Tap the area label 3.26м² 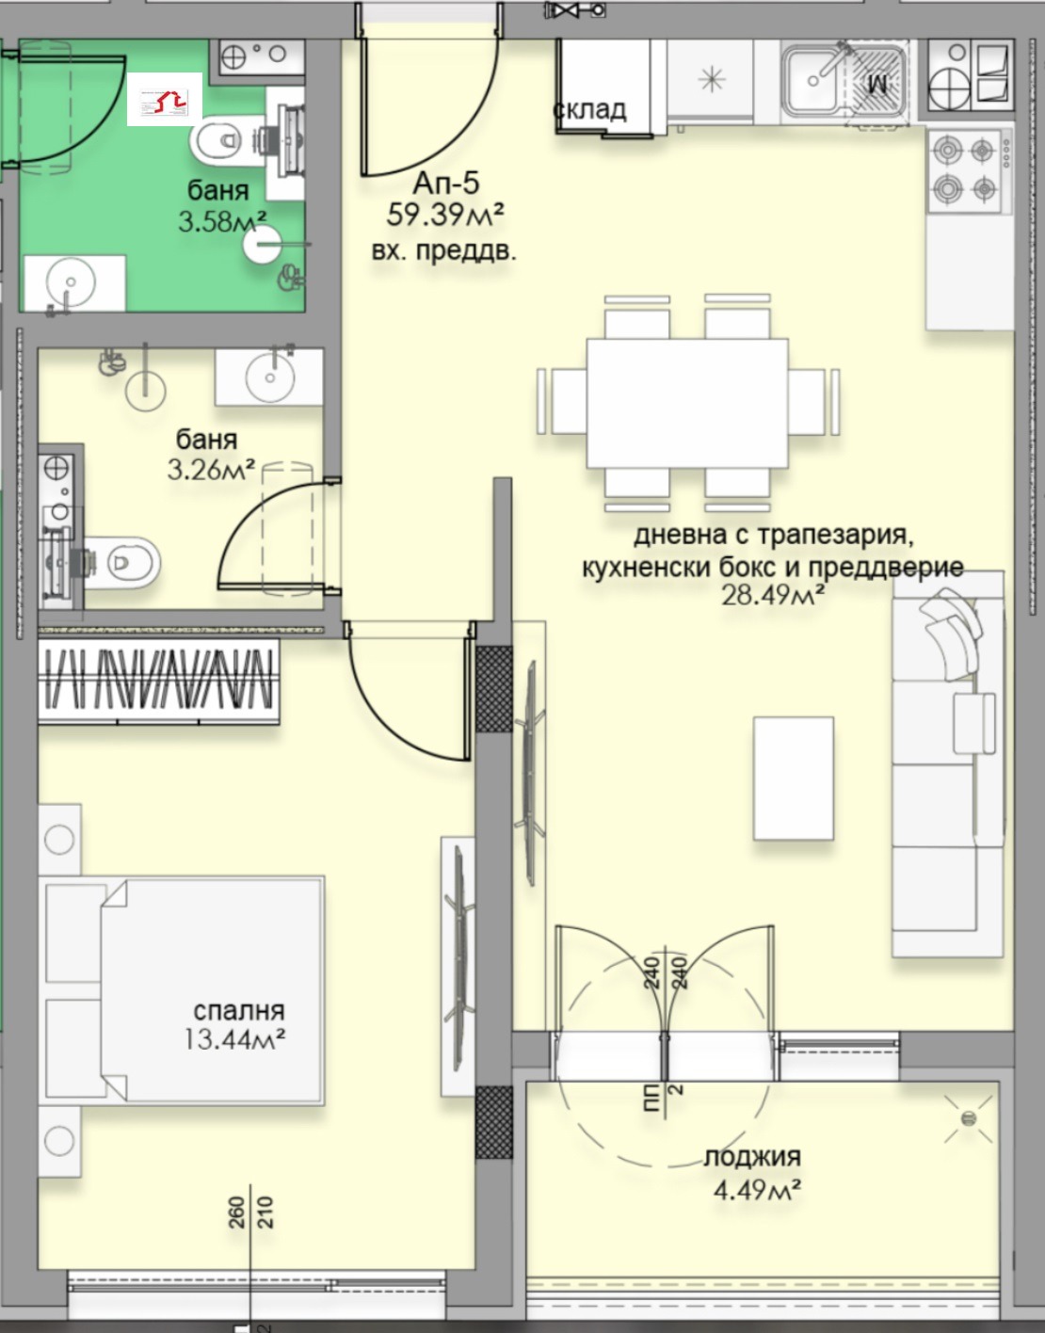coord(212,469)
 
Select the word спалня coord(238,1011)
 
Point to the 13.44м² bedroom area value coord(235,1039)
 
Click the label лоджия coord(752,1158)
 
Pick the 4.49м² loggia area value coord(757,1190)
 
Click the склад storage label coord(589,109)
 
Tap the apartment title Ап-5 coord(445,183)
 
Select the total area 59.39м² coord(445,216)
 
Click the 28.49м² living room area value coord(773,595)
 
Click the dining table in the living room coord(687,403)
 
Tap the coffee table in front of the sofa coord(794,778)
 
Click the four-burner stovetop coord(964,169)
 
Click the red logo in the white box coord(165,99)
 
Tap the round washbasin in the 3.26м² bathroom coord(270,377)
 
